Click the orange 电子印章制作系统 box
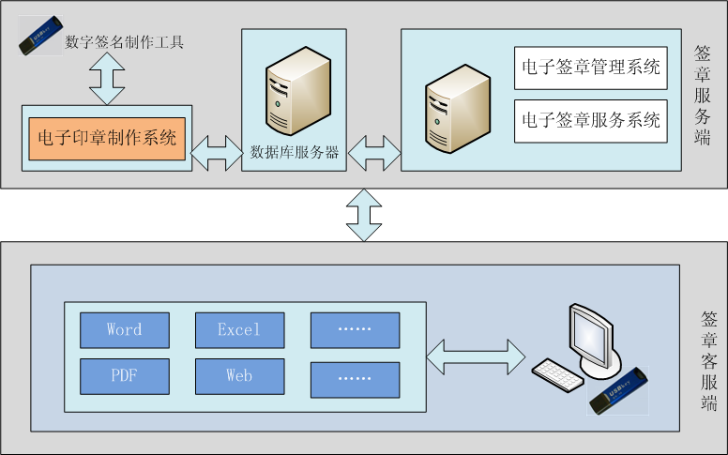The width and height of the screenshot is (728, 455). coord(107,139)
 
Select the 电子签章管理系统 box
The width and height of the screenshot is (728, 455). coord(590,68)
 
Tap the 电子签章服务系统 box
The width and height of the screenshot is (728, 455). coord(590,120)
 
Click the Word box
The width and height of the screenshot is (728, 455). coord(125,330)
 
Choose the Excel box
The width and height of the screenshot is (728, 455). coord(239,330)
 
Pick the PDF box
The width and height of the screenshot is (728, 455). coord(125,376)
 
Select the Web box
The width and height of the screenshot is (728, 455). coord(239,376)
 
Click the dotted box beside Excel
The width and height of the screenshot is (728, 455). coord(355,330)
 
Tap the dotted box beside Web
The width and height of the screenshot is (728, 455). coord(355,376)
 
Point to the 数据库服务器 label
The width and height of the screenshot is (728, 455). coord(295,152)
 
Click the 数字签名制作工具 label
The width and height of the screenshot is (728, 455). coord(124,41)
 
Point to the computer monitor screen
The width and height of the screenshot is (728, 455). coord(596,333)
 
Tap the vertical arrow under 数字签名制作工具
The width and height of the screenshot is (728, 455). coord(107,78)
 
